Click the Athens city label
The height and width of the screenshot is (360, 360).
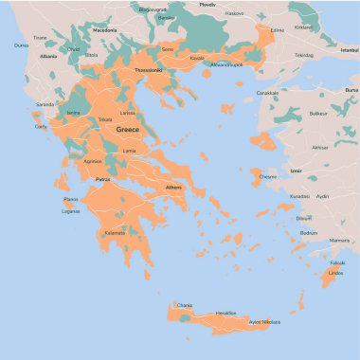point(173,188)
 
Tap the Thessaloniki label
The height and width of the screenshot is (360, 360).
point(148,70)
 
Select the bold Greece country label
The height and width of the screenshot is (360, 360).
point(127,129)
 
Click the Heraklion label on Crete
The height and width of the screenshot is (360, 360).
point(225,312)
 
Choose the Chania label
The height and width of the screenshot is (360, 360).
point(184,305)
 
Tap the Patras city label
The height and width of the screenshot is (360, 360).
point(103,178)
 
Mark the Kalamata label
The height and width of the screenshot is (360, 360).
point(115,232)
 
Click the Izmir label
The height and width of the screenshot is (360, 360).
point(296,171)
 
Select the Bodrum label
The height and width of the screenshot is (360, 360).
point(308,232)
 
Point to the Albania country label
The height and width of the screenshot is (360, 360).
point(48,56)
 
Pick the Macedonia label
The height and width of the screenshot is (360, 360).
point(104,30)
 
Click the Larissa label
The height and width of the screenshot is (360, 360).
point(127,112)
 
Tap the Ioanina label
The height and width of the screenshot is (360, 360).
point(73,113)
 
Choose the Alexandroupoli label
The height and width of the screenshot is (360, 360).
point(226,64)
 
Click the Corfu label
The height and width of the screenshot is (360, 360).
point(40,126)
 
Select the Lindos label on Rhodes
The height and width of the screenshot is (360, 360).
point(333,273)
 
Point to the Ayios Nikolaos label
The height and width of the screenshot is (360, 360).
point(265,322)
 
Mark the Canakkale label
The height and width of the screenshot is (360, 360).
point(268,93)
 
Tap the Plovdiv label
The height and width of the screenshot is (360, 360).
point(207,5)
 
